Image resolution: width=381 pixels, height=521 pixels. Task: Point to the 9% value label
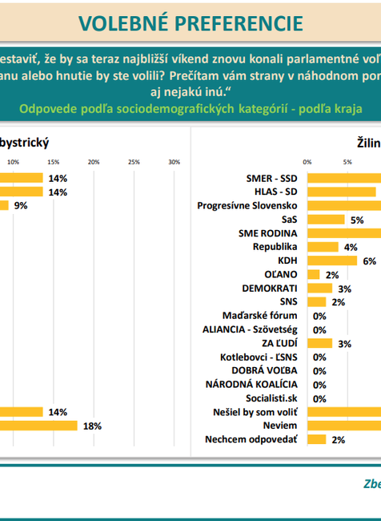point(21,205)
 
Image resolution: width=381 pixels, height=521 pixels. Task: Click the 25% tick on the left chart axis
point(134,163)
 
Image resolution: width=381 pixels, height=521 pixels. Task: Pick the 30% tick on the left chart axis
point(174,163)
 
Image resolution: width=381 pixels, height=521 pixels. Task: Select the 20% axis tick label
point(94,163)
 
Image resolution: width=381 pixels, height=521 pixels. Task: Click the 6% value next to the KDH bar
point(369,260)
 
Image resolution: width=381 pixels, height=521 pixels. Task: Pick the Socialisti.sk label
point(271,398)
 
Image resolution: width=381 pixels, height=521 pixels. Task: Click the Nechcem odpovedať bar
point(316,439)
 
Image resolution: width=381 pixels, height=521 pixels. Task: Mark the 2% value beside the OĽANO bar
point(332,274)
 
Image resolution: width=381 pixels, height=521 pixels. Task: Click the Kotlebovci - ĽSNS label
point(259,357)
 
